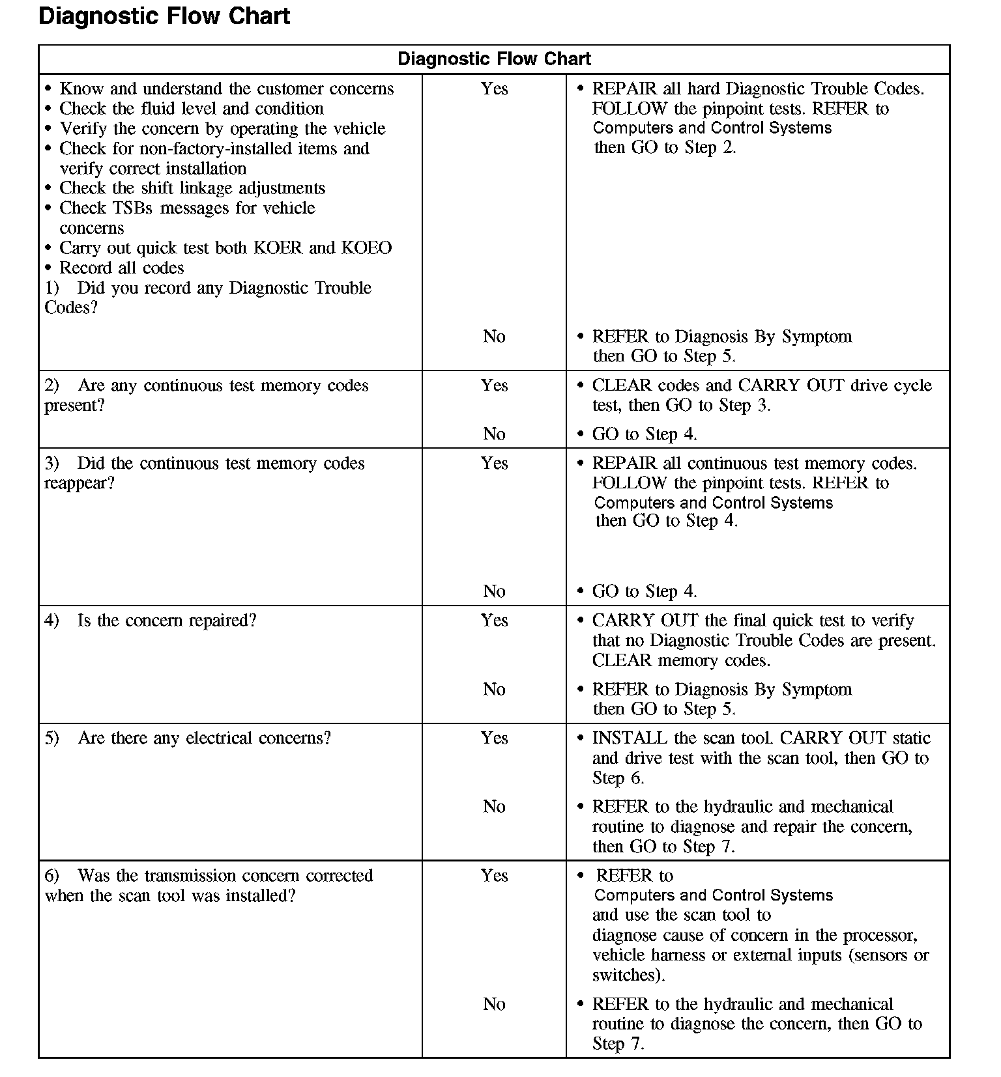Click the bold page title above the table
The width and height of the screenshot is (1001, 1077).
click(164, 16)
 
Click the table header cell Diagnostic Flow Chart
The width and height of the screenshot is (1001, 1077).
click(494, 59)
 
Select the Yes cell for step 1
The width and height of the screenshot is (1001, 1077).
click(494, 89)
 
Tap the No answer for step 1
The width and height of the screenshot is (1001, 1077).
click(494, 336)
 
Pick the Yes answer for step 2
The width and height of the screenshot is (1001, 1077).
click(494, 385)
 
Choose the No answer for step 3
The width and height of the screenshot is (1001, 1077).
click(494, 591)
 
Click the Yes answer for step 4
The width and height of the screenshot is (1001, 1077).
click(494, 620)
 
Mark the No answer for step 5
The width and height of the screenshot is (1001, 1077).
click(494, 806)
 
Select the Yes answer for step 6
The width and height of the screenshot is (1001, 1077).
click(494, 875)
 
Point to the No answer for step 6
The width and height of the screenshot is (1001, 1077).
click(494, 1004)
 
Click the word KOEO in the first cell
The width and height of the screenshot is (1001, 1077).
click(366, 248)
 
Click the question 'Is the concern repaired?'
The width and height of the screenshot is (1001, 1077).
click(167, 621)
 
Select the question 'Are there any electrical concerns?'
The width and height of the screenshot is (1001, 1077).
click(204, 738)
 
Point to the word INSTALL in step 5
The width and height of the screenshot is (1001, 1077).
click(630, 738)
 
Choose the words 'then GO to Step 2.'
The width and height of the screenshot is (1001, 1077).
click(665, 148)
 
